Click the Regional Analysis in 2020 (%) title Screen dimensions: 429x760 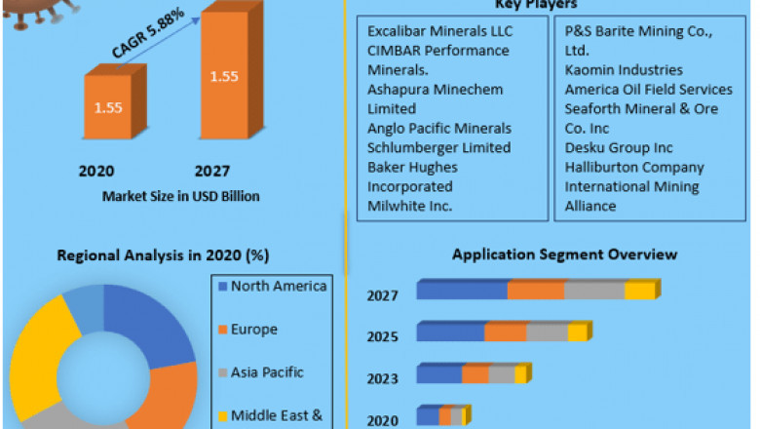tap(165, 255)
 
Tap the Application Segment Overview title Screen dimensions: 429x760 tap(564, 254)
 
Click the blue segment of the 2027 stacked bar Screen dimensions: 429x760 tap(462, 291)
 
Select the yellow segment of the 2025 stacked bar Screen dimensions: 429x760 tap(577, 332)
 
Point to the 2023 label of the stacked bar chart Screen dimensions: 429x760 tap(382, 380)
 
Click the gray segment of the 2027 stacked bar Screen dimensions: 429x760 tap(594, 291)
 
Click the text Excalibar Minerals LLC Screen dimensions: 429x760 tap(440, 31)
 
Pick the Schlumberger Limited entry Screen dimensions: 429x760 tap(438, 147)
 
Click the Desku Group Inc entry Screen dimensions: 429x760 tap(619, 147)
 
